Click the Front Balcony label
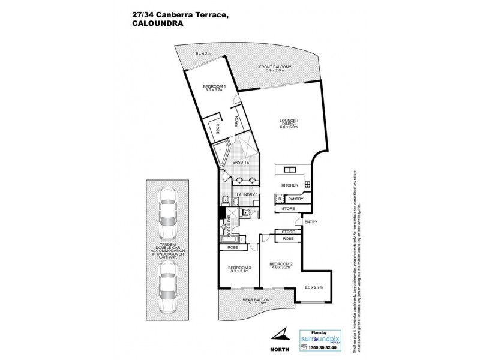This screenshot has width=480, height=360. [274, 68]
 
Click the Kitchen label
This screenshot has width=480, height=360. [290, 185]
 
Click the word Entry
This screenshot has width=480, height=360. [311, 223]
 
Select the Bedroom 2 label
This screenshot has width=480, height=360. [280, 265]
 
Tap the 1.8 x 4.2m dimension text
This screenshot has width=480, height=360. [203, 54]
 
